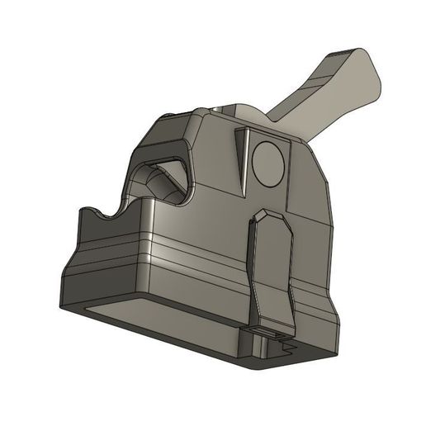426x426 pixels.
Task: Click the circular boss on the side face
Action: click(267, 161)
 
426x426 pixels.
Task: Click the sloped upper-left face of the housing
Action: click(165, 132)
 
